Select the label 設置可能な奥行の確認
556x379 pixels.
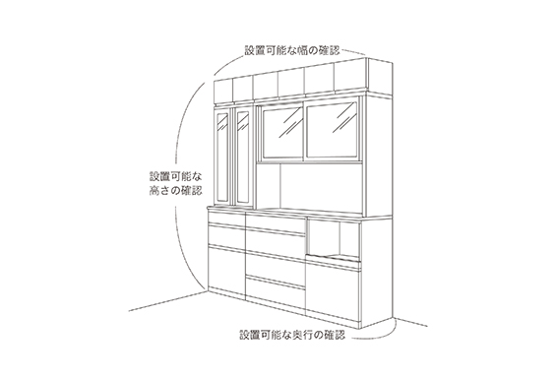pos(292,335)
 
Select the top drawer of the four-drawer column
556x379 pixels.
pos(275,227)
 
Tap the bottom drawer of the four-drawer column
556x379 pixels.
pos(275,287)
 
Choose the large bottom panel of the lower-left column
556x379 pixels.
pos(224,271)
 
